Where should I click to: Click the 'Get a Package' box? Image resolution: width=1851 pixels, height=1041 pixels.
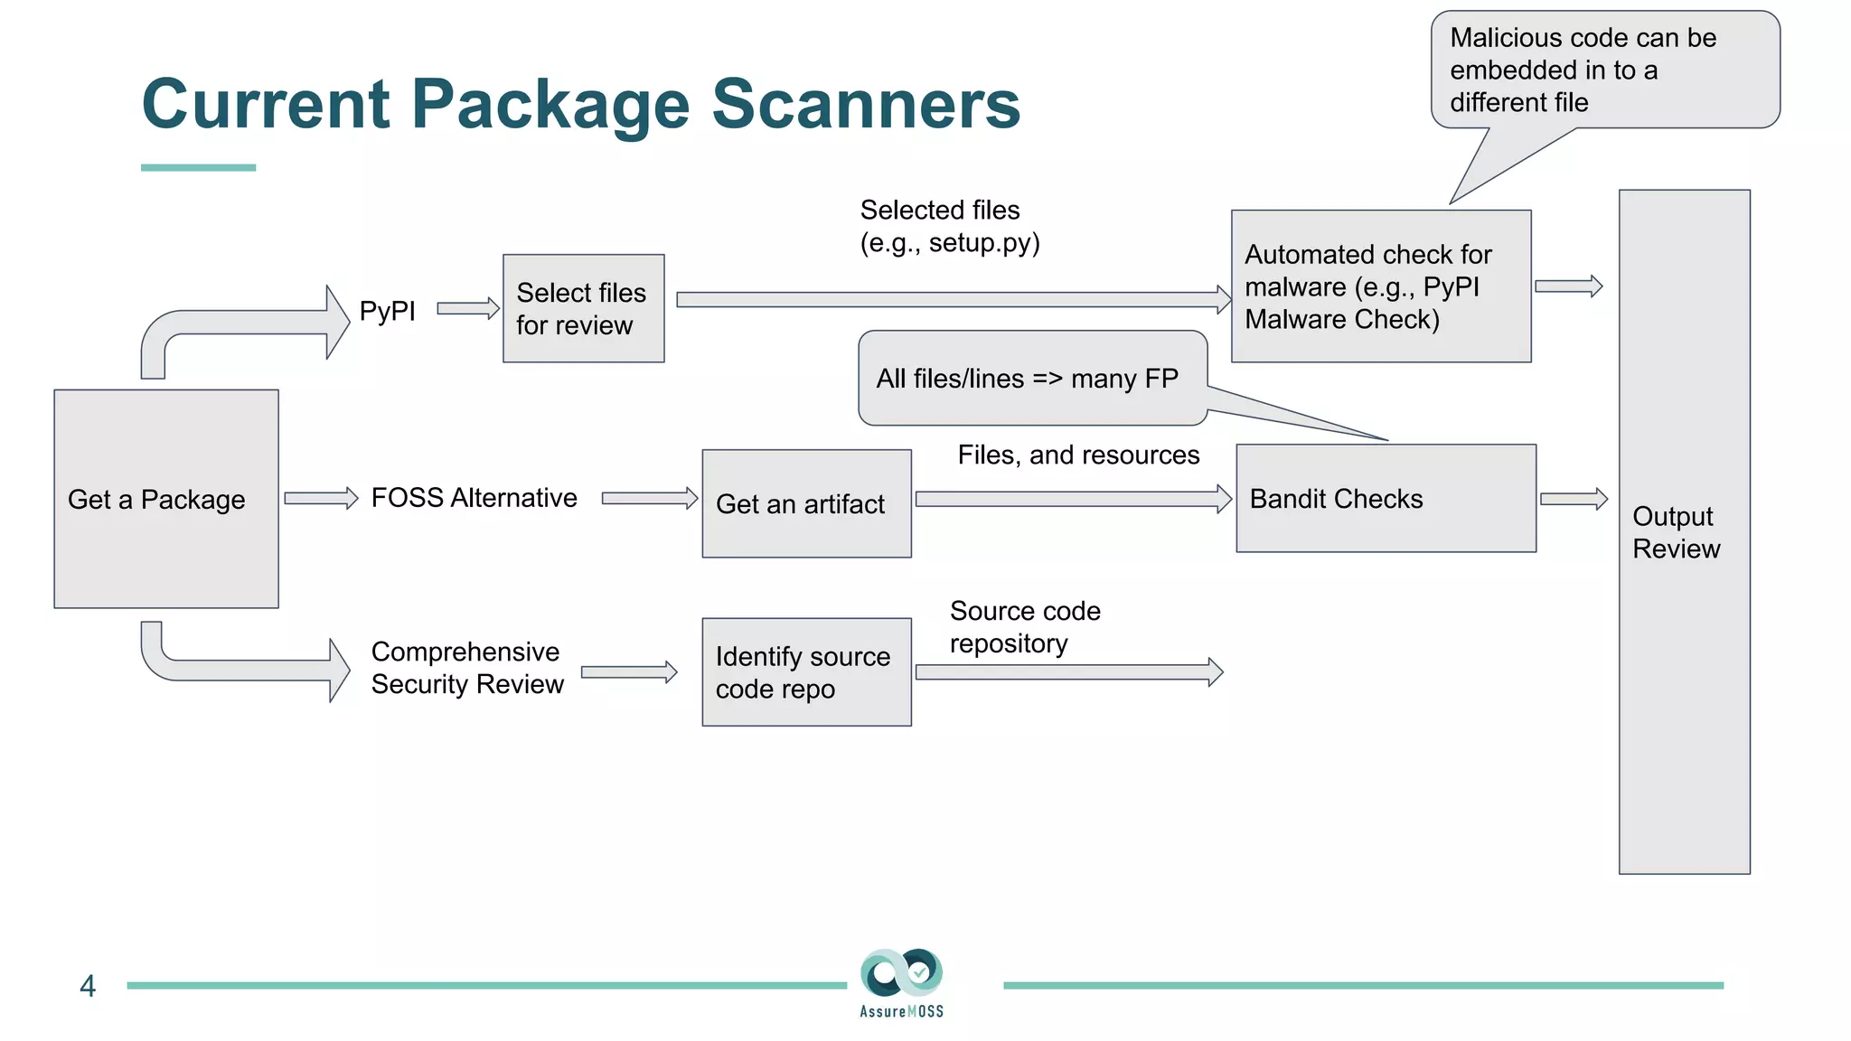pyautogui.click(x=166, y=499)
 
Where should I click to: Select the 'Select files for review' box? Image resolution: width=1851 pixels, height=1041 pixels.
pyautogui.click(x=583, y=309)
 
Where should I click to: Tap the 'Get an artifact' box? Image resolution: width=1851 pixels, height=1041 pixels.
pyautogui.click(x=806, y=503)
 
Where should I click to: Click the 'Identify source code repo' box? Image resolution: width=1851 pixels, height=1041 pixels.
pyautogui.click(x=806, y=672)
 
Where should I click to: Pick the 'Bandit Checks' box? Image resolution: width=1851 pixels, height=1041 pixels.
pyautogui.click(x=1386, y=498)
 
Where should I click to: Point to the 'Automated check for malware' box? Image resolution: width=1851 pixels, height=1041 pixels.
pyautogui.click(x=1380, y=286)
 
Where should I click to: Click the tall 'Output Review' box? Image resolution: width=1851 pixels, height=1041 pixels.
pyautogui.click(x=1684, y=532)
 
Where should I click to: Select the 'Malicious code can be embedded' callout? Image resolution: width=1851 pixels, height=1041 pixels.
pyautogui.click(x=1604, y=70)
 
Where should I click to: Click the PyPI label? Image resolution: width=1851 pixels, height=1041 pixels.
pyautogui.click(x=387, y=311)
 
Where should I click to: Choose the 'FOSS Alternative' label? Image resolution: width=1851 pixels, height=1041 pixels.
pyautogui.click(x=474, y=498)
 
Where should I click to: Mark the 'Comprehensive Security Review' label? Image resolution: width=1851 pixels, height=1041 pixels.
pyautogui.click(x=466, y=668)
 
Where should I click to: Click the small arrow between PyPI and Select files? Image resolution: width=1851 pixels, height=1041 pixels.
pyautogui.click(x=468, y=308)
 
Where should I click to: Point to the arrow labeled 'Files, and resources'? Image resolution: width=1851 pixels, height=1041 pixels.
pyautogui.click(x=1073, y=499)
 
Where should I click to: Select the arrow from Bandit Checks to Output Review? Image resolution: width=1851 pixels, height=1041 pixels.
pyautogui.click(x=1574, y=499)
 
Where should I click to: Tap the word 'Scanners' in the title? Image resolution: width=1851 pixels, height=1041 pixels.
pyautogui.click(x=866, y=104)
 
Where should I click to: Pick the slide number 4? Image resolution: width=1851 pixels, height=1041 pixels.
pyautogui.click(x=88, y=986)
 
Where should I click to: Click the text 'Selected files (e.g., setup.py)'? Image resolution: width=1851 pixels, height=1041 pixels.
pyautogui.click(x=949, y=226)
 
